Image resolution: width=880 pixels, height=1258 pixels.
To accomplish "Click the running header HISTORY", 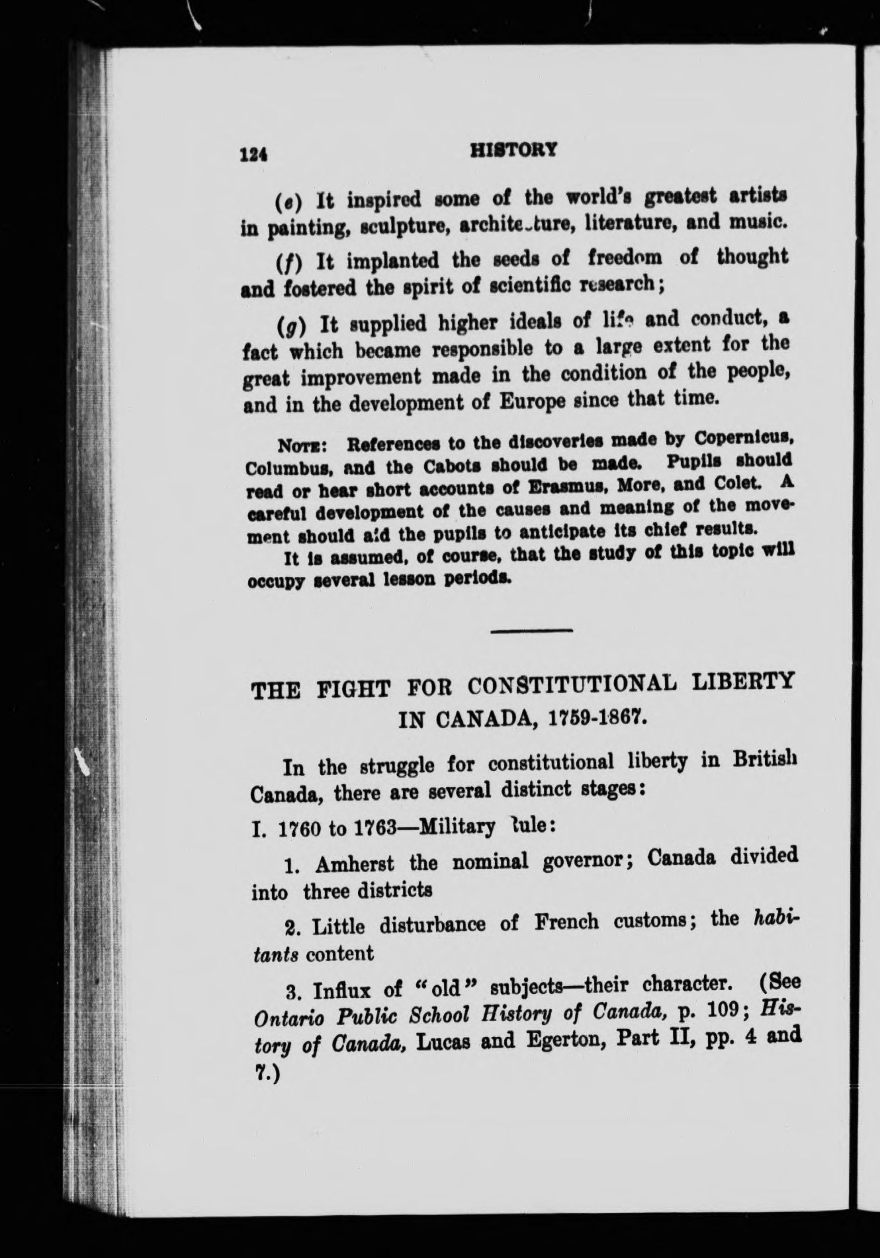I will tap(513, 150).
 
